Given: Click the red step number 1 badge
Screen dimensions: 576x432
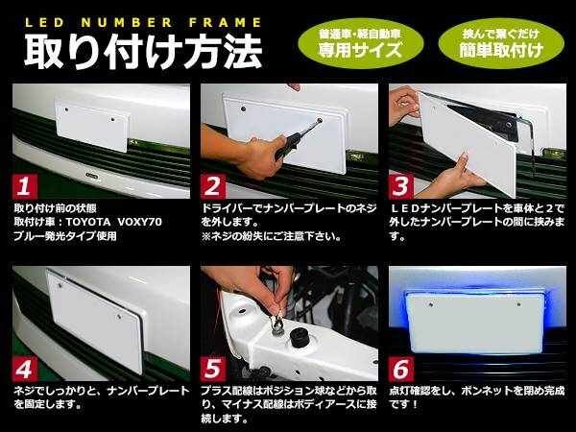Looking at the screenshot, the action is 25,186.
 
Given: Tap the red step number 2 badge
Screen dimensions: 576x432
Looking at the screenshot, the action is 213,186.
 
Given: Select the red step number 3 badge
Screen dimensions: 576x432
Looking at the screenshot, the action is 401,186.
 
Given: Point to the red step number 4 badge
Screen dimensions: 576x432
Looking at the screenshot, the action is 25,369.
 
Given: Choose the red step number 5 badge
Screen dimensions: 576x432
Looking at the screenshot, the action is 213,369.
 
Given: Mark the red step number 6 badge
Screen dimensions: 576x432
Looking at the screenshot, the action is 401,369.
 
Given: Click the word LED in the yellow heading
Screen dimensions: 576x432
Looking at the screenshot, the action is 44,23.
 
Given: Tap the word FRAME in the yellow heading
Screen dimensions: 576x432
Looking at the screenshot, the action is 226,23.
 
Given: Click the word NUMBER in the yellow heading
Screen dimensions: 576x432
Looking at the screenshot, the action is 127,23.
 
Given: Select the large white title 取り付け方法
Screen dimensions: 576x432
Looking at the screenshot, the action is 143,52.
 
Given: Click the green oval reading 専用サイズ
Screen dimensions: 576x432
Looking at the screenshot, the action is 360,43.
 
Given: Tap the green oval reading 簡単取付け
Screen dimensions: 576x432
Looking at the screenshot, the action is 501,43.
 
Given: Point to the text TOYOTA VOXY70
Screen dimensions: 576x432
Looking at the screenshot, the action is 114,222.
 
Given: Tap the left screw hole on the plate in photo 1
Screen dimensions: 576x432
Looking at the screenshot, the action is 66,109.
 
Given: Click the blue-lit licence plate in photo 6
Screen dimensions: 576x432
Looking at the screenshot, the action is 475,323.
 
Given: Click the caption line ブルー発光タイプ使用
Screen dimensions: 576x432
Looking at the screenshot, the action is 65,236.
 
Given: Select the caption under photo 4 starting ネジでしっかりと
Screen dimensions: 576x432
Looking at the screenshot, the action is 102,397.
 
